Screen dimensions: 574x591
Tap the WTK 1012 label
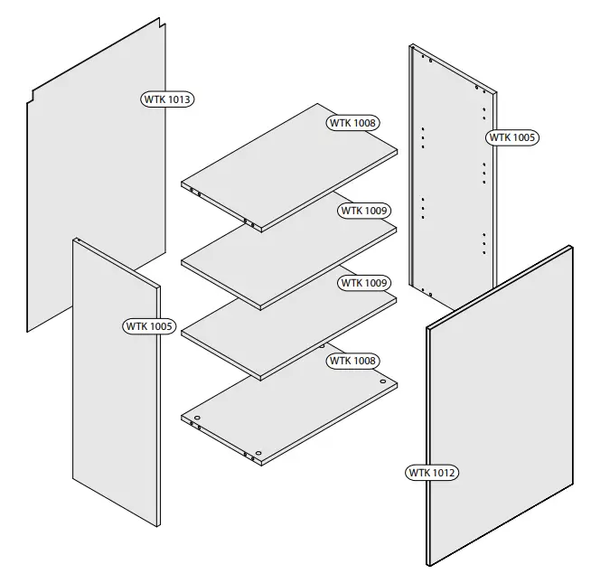point(433,472)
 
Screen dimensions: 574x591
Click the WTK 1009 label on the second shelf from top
point(364,211)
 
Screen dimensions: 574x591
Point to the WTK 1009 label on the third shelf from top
point(364,283)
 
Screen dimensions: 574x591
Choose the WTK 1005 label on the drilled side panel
point(512,137)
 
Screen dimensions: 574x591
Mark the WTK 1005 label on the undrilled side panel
point(147,325)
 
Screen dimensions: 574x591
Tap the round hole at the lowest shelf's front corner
point(259,453)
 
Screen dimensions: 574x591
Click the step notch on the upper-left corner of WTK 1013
point(33,94)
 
